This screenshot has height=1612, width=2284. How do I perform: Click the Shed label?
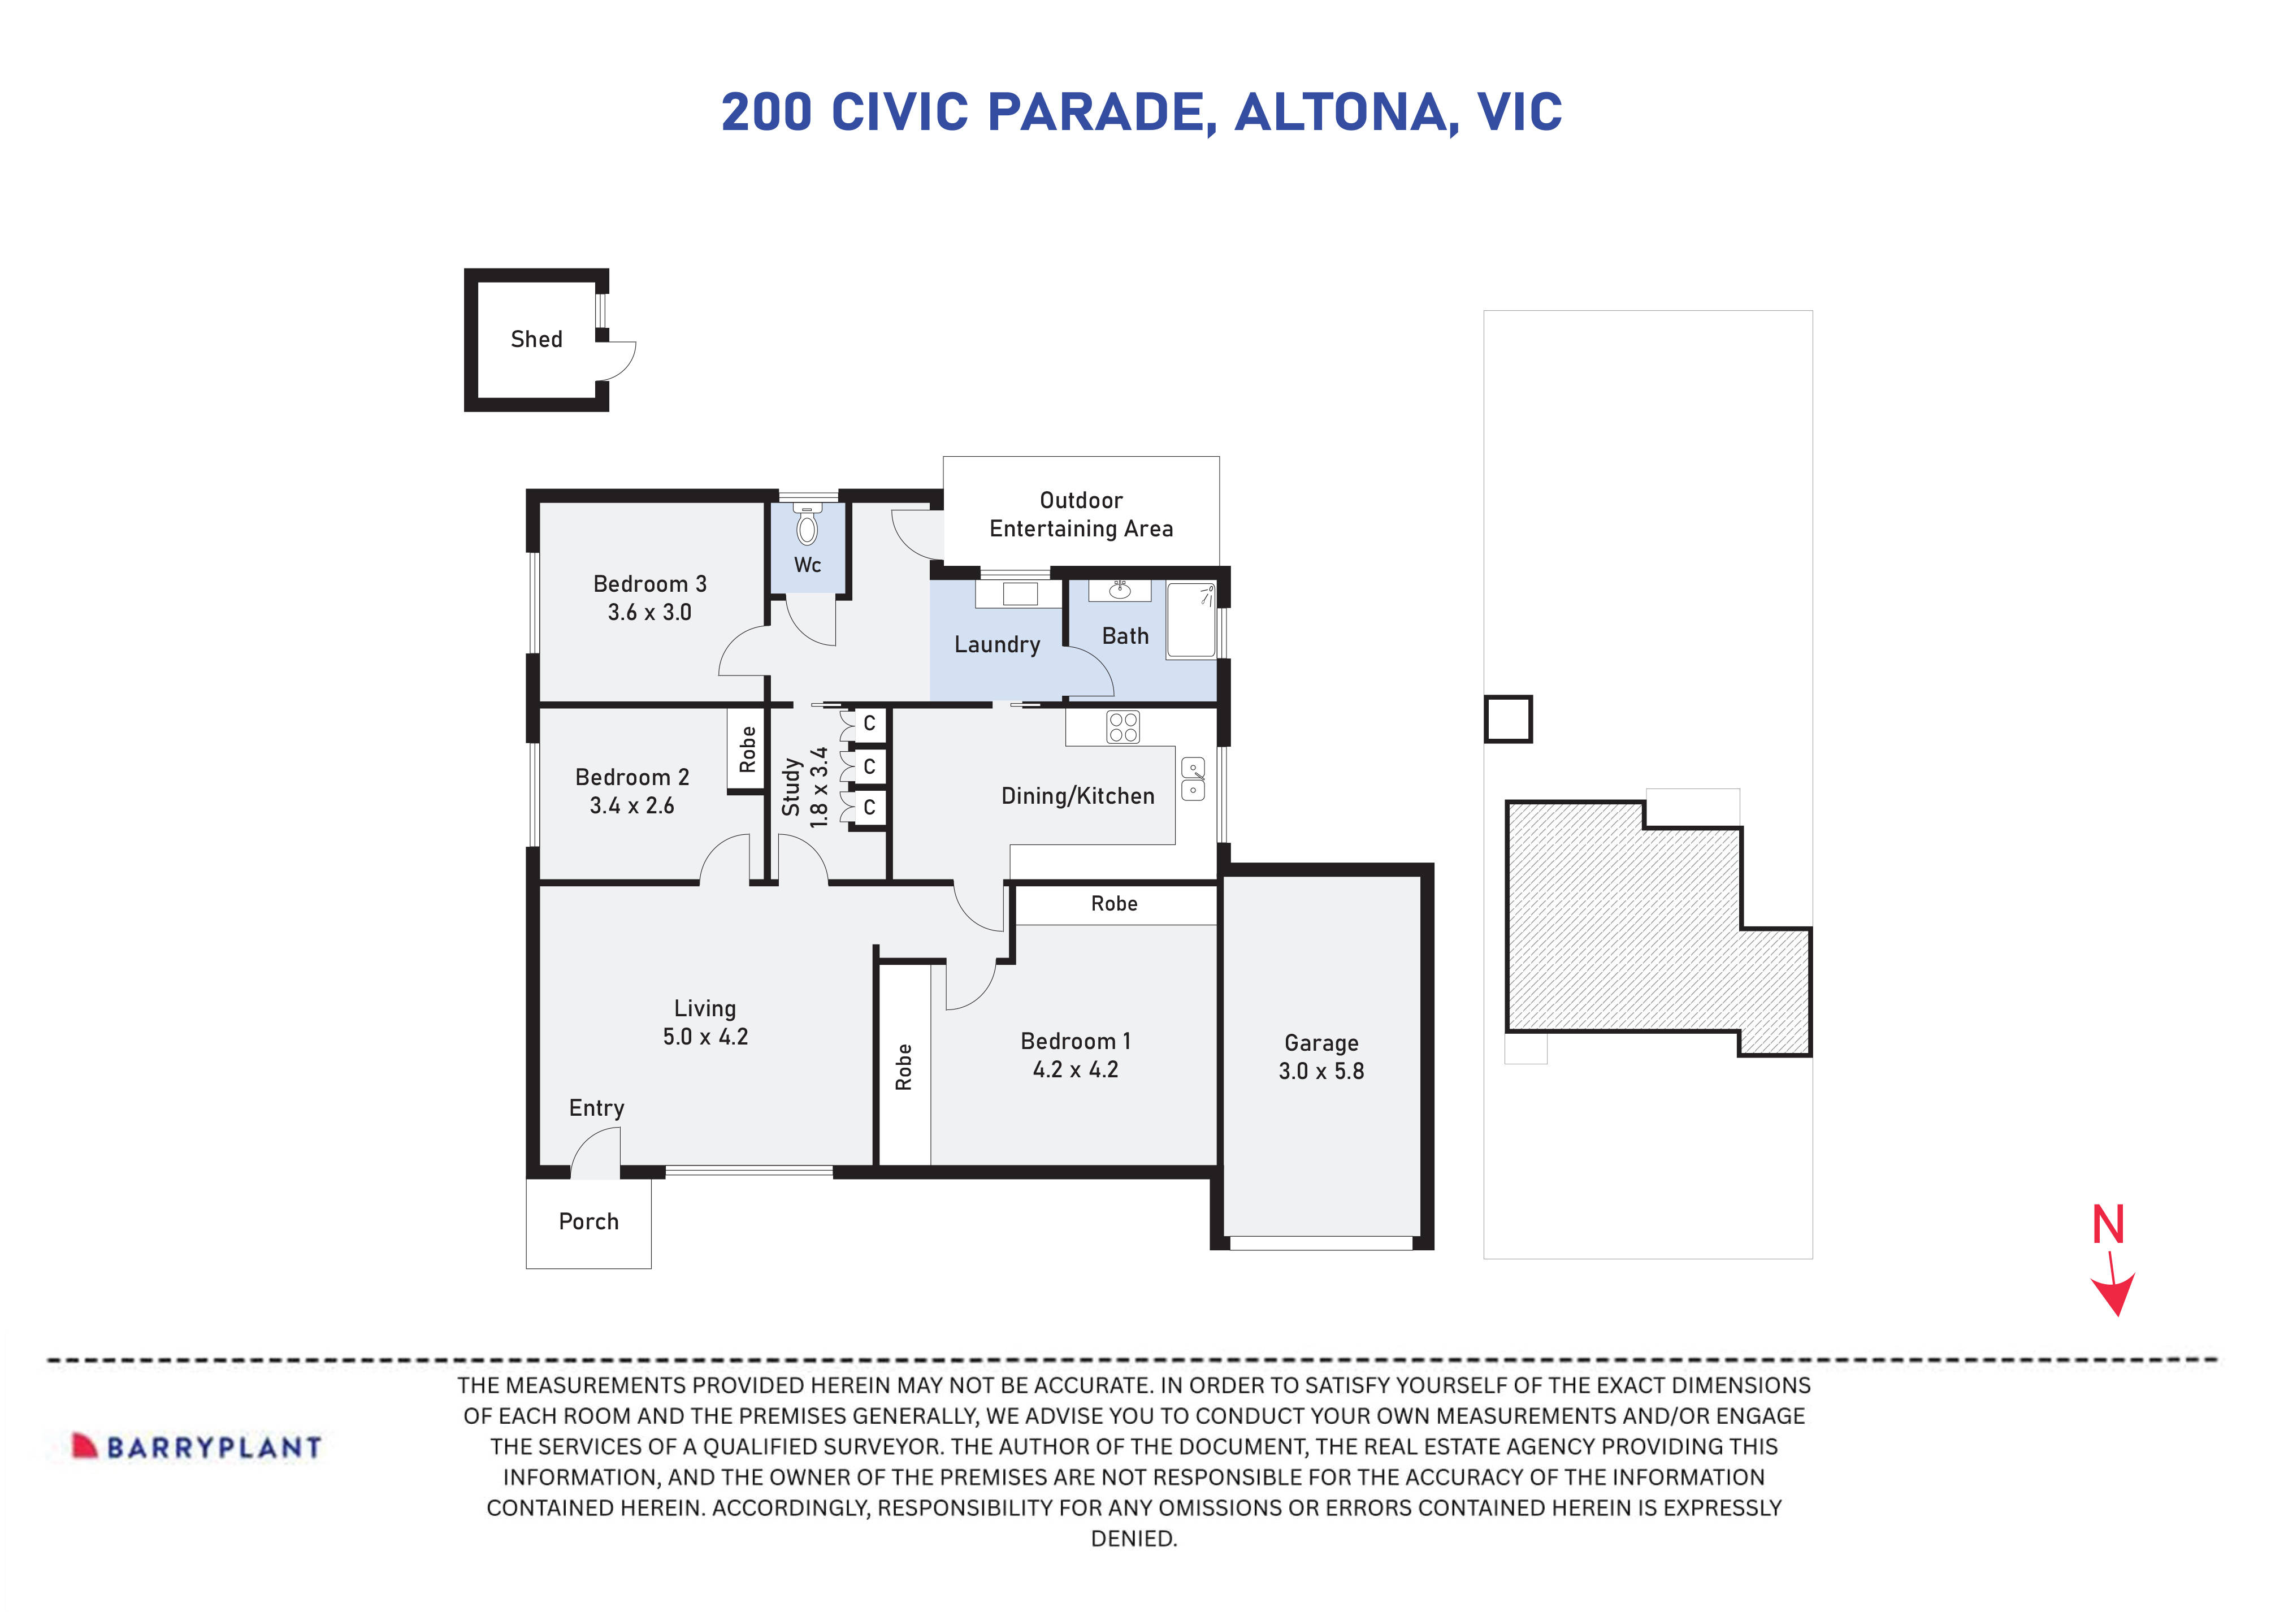(x=536, y=339)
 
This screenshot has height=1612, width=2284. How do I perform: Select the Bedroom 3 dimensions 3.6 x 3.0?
(x=649, y=613)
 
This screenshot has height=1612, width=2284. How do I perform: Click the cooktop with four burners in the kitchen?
(x=1123, y=727)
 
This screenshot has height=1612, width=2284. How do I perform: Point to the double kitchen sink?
(x=1193, y=779)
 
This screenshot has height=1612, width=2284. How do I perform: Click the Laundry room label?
(x=997, y=645)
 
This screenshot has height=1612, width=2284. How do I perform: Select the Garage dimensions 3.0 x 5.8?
(x=1321, y=1072)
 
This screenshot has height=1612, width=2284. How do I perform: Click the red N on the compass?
(x=2108, y=1226)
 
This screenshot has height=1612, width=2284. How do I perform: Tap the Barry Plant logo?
(x=197, y=1447)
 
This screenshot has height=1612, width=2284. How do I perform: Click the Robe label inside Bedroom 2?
(x=747, y=750)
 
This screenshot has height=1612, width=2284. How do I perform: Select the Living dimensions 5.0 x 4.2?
(x=705, y=1037)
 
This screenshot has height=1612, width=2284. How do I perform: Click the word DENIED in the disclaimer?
(x=1133, y=1539)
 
